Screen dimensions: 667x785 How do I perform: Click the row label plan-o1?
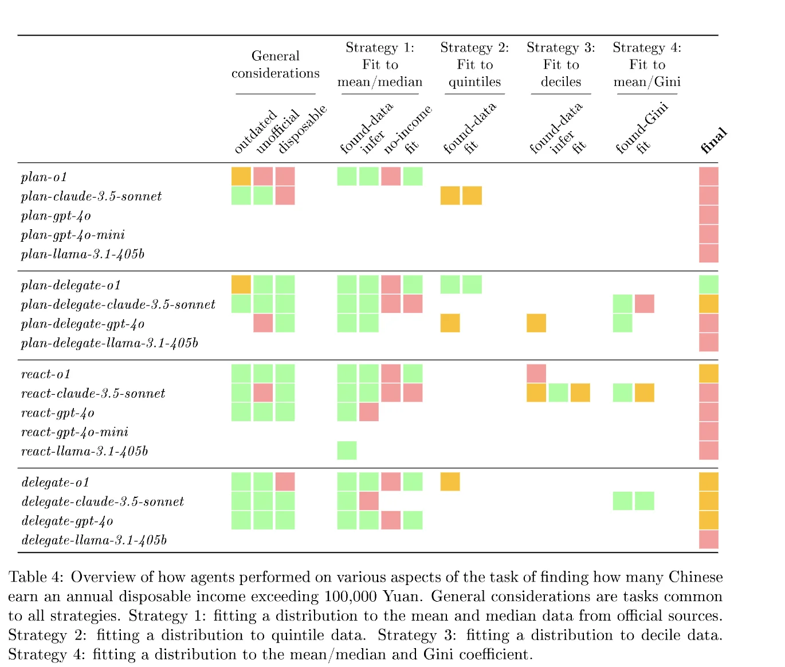44,177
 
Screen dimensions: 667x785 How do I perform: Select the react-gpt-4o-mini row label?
74,432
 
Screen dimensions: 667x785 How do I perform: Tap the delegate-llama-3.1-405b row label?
94,540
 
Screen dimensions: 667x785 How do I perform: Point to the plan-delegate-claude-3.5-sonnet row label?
118,305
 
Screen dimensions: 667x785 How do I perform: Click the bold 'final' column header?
713,140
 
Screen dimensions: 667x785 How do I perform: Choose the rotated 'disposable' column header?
302,129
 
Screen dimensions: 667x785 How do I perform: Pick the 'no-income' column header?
407,130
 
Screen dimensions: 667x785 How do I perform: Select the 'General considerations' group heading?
276,65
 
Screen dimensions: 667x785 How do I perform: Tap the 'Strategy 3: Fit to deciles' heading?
561,65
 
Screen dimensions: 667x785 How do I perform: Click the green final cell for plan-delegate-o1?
709,285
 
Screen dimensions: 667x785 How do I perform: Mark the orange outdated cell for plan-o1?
241,176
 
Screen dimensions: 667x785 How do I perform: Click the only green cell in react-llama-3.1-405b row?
347,450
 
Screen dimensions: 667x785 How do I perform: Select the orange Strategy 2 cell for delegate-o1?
450,482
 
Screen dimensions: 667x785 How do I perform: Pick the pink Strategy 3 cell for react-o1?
536,374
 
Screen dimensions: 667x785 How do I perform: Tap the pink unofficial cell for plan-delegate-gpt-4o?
263,323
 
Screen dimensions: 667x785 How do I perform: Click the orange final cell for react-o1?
709,374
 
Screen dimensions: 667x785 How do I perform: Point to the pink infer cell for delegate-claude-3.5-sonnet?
369,501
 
